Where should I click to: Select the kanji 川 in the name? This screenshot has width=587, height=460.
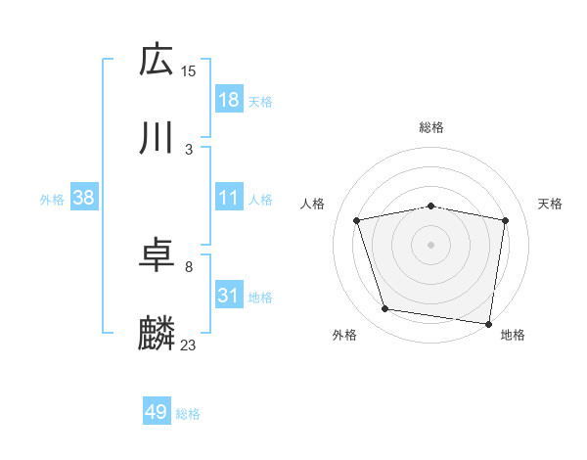pyautogui.click(x=157, y=139)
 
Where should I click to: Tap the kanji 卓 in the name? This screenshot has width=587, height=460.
pyautogui.click(x=157, y=256)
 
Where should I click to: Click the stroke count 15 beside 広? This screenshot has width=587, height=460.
pyautogui.click(x=189, y=70)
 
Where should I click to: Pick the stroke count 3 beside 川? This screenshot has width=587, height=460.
pyautogui.click(x=189, y=150)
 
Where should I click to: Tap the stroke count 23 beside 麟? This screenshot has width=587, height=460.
pyautogui.click(x=189, y=345)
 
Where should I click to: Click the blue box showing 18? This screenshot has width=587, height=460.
pyautogui.click(x=228, y=100)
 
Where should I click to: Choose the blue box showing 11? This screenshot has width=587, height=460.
pyautogui.click(x=228, y=198)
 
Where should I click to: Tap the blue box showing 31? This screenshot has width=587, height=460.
pyautogui.click(x=228, y=296)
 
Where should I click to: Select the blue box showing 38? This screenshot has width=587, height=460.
pyautogui.click(x=84, y=198)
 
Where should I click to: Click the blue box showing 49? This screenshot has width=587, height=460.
pyautogui.click(x=157, y=412)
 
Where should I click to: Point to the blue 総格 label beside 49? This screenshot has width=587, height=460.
pyautogui.click(x=188, y=414)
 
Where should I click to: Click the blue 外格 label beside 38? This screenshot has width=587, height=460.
pyautogui.click(x=52, y=199)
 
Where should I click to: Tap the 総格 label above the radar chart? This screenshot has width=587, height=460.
pyautogui.click(x=431, y=127)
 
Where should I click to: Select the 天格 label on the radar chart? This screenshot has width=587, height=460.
pyautogui.click(x=551, y=204)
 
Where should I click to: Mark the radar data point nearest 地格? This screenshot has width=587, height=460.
pyautogui.click(x=488, y=323)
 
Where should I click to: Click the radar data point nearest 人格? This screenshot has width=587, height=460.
pyautogui.click(x=357, y=220)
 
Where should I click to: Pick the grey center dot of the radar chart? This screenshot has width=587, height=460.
pyautogui.click(x=431, y=244)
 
